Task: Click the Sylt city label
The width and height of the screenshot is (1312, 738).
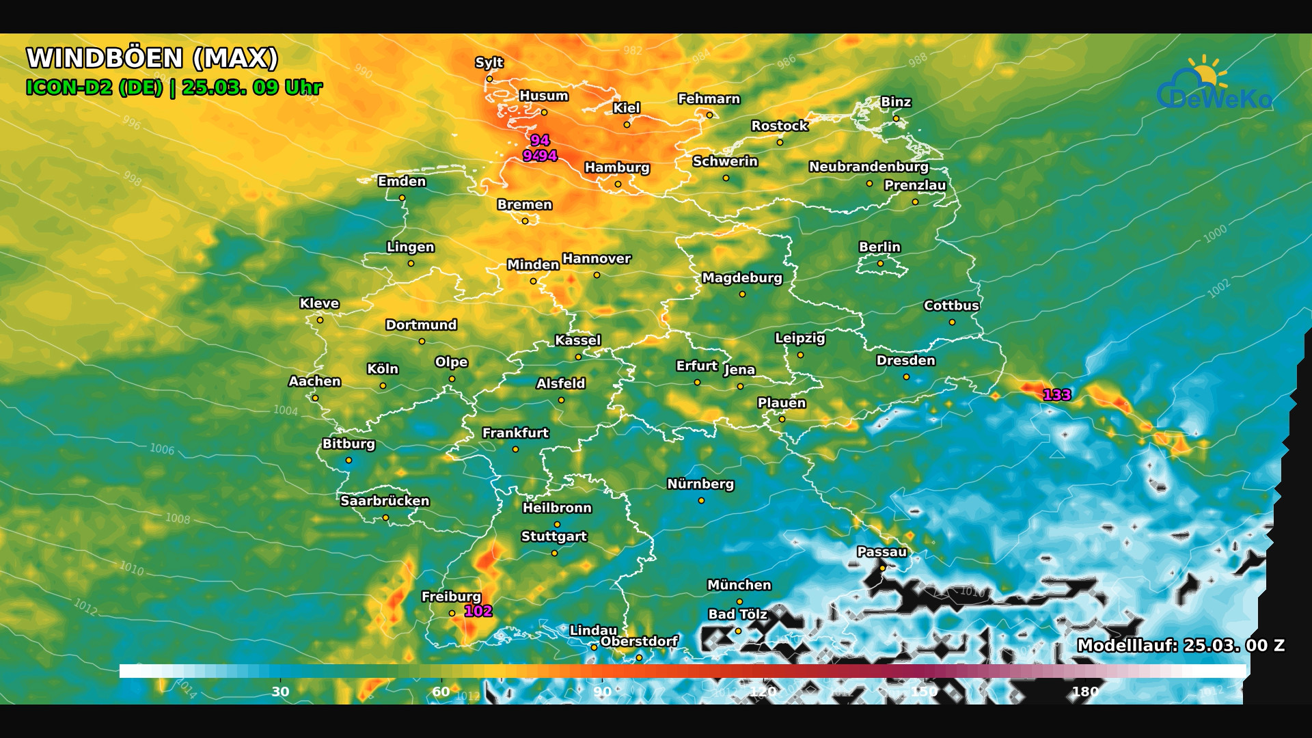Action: point(489,63)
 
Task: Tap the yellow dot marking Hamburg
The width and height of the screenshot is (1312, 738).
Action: point(618,184)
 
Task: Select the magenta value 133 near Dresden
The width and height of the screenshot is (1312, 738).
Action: point(1056,395)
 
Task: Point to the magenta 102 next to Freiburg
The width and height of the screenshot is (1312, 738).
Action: point(478,612)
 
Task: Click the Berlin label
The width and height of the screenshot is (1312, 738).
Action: point(879,247)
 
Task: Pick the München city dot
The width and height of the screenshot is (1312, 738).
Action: point(739,601)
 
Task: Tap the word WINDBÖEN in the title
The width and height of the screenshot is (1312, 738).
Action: point(105,58)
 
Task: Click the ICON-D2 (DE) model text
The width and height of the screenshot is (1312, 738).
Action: point(94,87)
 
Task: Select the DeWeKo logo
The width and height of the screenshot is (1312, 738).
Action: point(1214,85)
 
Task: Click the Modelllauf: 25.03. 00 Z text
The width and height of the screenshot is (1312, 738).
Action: point(1180,646)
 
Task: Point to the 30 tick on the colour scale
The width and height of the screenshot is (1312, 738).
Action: point(280,692)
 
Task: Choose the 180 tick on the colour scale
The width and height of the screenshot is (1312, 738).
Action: point(1084,692)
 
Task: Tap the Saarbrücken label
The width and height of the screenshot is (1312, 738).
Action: point(385,501)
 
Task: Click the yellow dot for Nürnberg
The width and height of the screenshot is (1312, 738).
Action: point(701,501)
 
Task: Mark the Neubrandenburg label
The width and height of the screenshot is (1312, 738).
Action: point(869,167)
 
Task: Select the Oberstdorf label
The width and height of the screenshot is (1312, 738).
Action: point(639,642)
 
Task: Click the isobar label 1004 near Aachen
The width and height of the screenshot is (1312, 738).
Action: point(286,410)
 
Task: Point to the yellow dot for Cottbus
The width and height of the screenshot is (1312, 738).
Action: point(952,322)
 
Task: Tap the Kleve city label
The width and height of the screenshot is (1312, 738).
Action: point(319,303)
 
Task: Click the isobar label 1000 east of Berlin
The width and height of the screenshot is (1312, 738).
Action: point(1215,234)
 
